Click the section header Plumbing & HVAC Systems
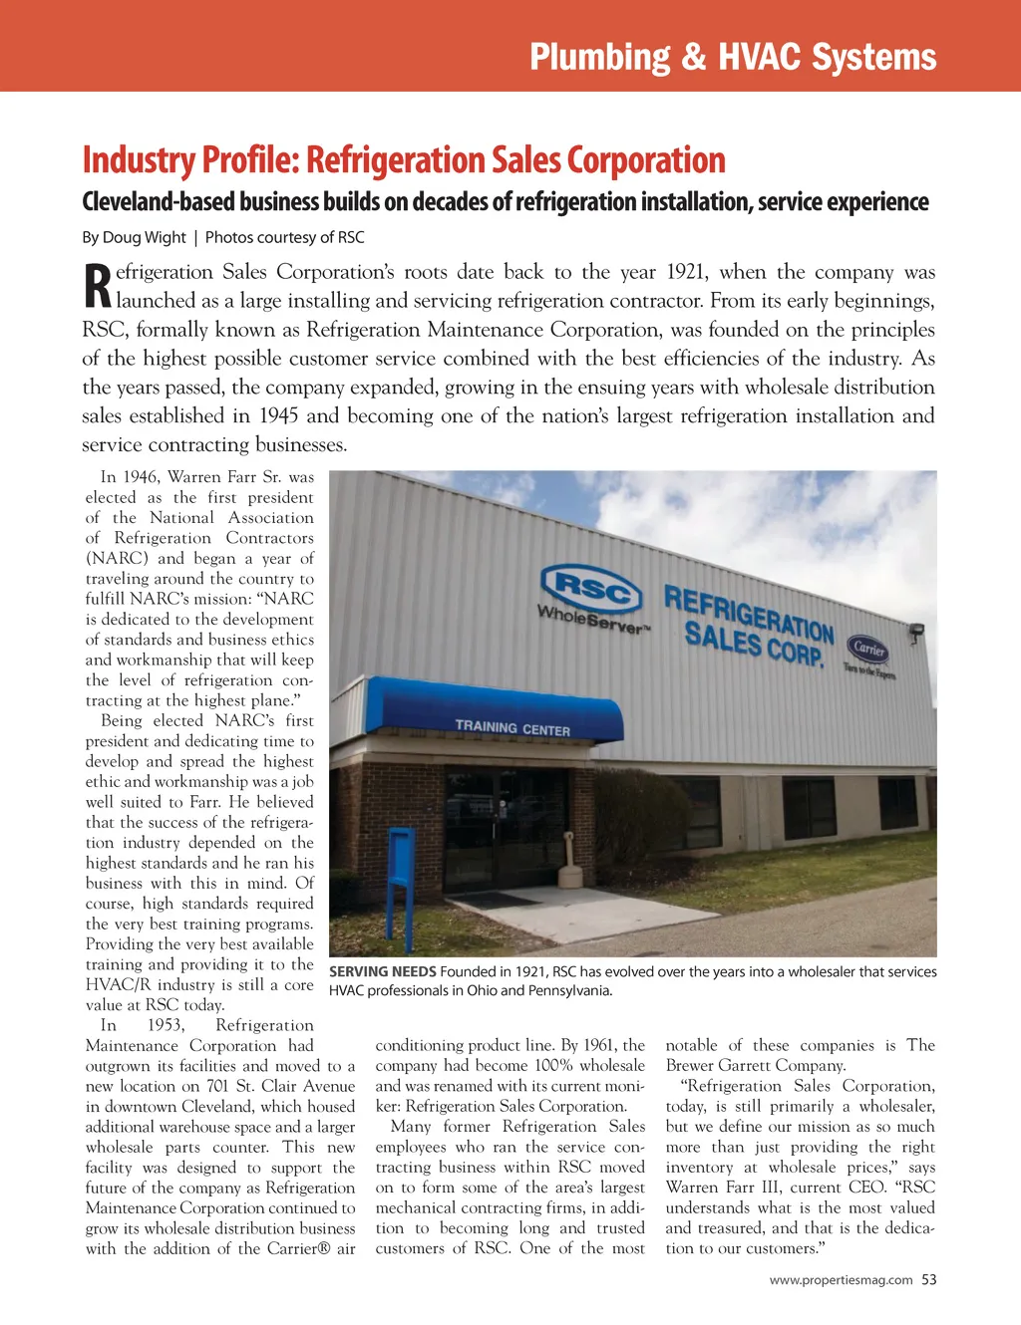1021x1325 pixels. (x=733, y=57)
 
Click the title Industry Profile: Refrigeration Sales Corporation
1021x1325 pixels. (x=404, y=160)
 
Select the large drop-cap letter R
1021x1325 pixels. (x=97, y=286)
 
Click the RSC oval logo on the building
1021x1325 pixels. (x=590, y=588)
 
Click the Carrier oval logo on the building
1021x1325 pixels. (x=868, y=648)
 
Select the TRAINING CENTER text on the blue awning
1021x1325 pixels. (x=512, y=727)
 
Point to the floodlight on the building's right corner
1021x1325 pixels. (x=914, y=631)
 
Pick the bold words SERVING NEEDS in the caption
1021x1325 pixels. (x=382, y=971)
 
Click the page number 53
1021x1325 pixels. (x=929, y=1280)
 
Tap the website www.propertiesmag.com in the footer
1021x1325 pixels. (x=841, y=1280)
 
